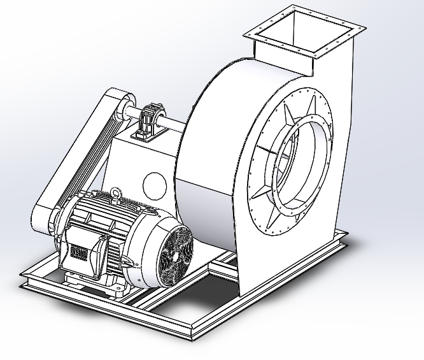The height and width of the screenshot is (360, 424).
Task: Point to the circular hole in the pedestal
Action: (x=155, y=185)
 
